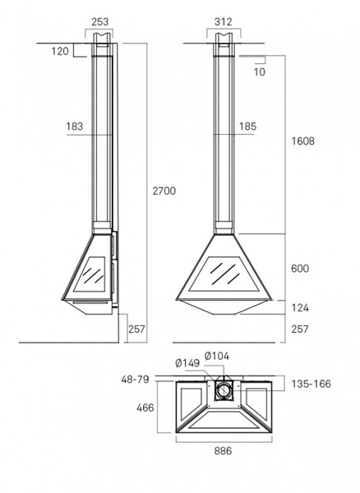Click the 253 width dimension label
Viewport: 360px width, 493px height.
coord(100,21)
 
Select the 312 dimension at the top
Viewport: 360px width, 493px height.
coord(224,21)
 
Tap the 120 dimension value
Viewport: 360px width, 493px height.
coord(60,51)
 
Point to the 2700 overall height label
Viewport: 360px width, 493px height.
coord(164,191)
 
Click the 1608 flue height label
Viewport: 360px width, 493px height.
coord(302,141)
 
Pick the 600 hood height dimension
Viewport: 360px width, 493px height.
coord(300,269)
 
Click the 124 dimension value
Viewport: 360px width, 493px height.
coord(300,307)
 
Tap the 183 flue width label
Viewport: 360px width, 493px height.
coord(75,127)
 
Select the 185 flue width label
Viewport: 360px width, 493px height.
coord(248,127)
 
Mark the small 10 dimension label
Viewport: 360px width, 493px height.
coord(260,72)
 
